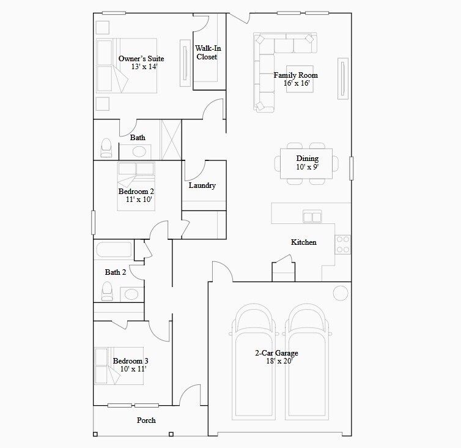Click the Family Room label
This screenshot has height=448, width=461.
295,75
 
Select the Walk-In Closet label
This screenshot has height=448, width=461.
207,53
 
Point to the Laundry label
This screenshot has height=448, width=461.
202,185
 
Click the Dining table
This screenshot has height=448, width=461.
307,163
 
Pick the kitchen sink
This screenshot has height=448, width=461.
312,216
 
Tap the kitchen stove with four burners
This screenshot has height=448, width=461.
343,244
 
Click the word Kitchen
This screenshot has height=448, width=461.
303,242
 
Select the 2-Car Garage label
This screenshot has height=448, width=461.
276,353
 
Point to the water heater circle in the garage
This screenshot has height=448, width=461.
340,293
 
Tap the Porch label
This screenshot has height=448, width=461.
146,420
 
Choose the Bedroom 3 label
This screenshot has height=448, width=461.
130,361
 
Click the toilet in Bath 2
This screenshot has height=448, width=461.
107,290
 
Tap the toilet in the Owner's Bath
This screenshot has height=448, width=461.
106,147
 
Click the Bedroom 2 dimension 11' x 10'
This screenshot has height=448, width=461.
135,200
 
